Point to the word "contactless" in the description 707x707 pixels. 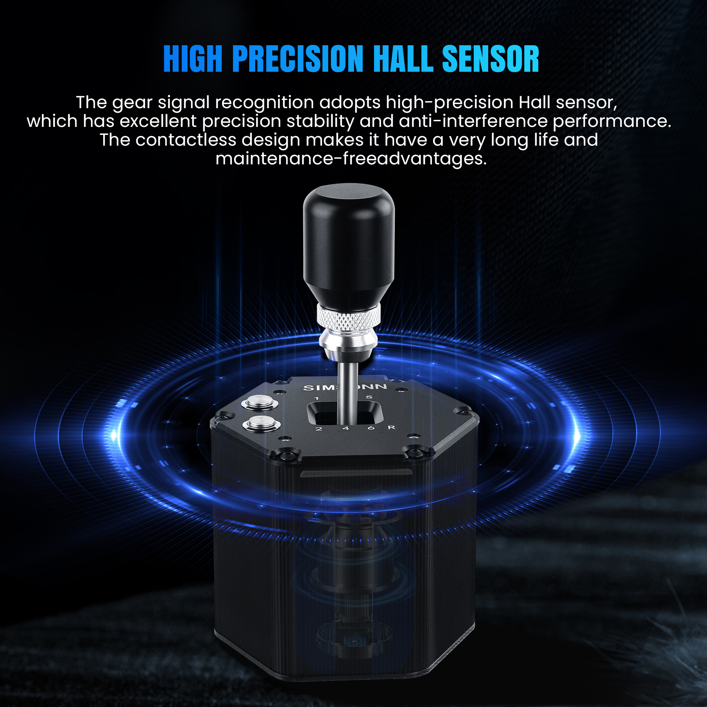(x=186, y=140)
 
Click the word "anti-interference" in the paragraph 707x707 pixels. (x=473, y=121)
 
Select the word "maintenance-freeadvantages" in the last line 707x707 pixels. (x=351, y=159)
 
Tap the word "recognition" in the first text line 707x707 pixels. (x=264, y=103)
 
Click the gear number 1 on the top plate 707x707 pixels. (x=316, y=398)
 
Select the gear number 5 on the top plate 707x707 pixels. (x=369, y=397)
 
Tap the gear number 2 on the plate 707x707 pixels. (x=319, y=429)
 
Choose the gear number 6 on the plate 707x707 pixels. (x=371, y=427)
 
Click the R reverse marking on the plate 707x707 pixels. (x=392, y=427)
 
